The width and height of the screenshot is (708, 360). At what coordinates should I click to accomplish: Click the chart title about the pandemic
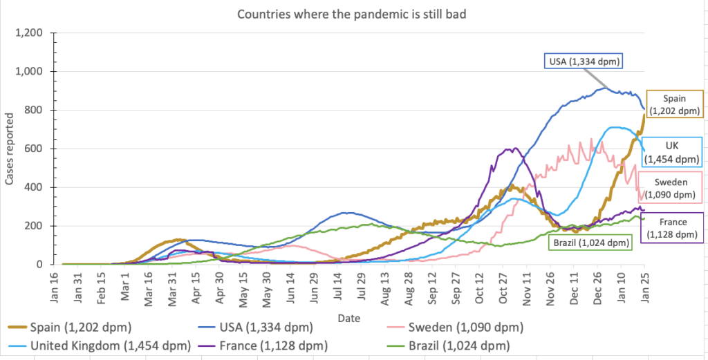pos(351,15)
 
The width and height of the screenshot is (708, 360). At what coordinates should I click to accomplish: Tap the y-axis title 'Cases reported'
pos(9,155)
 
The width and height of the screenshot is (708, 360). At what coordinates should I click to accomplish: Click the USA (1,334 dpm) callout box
pos(584,61)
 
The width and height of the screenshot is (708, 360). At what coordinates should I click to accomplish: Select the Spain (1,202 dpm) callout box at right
pos(675,104)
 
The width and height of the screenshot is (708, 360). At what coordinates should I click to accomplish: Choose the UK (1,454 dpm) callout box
pos(671,151)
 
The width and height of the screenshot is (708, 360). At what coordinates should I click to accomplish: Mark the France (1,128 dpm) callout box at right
pos(673,228)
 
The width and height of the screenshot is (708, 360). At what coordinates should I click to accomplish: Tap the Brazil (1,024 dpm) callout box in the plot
pos(590,243)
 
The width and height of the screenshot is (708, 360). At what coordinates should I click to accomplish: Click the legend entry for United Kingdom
pos(100,346)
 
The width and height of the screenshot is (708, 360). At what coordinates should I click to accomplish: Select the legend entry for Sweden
pos(456,327)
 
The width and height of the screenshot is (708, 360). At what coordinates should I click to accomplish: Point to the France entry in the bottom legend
pos(262,346)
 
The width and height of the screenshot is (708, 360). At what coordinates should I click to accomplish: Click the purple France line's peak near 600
pos(514,148)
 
